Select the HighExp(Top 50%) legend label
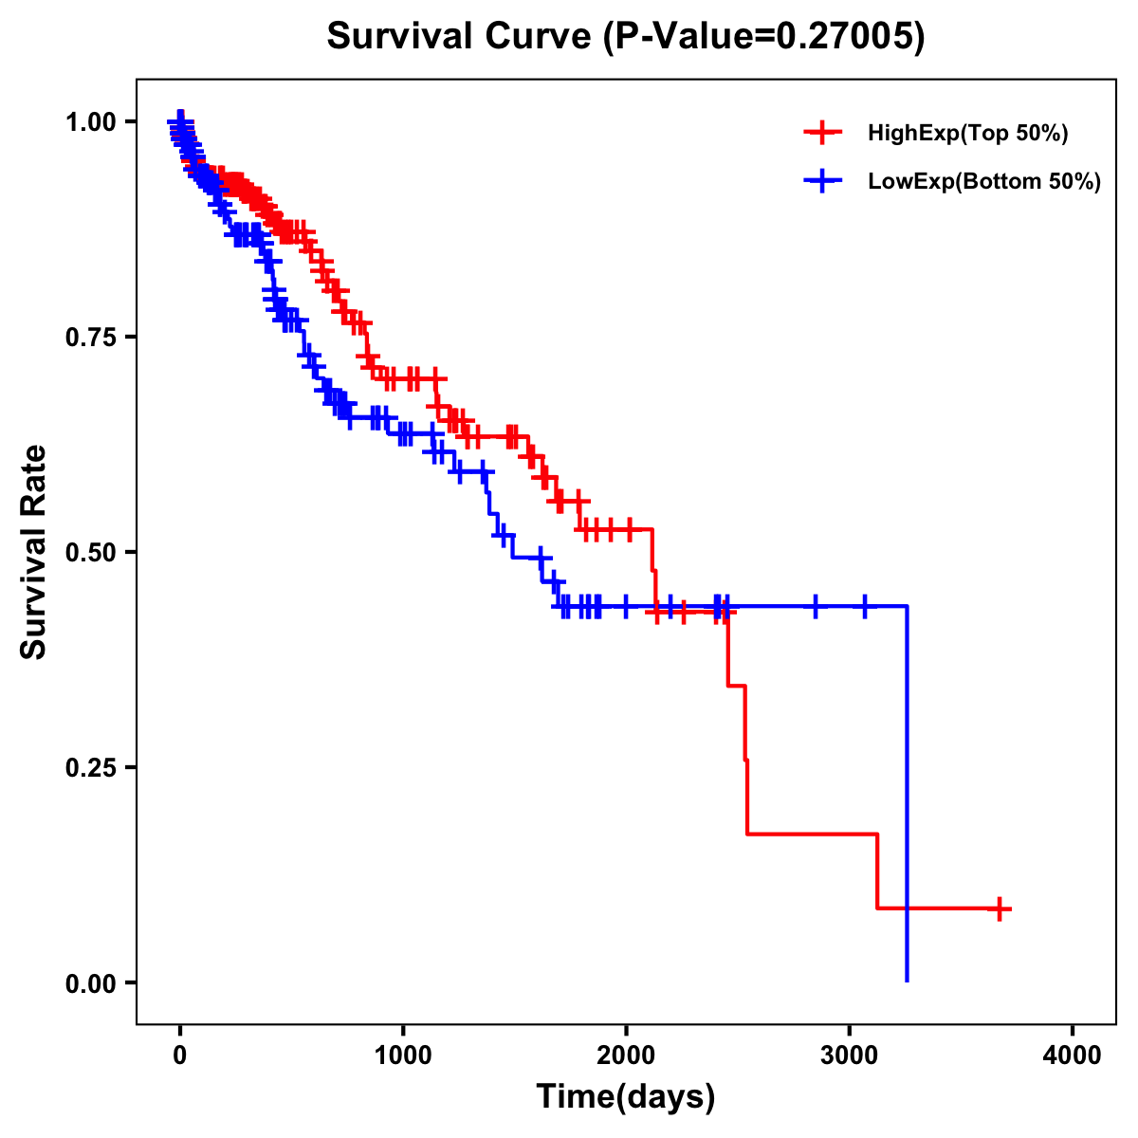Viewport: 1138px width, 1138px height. click(967, 134)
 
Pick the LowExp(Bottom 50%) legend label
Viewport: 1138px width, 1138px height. click(983, 182)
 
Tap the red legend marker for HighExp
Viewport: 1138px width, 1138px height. click(822, 133)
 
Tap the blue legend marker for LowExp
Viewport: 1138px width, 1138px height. click(822, 181)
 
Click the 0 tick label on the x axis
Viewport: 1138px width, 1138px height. click(180, 1055)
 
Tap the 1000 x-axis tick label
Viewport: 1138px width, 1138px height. click(403, 1055)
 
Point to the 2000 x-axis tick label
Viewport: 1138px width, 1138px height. click(626, 1055)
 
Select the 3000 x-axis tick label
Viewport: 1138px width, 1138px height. click(850, 1055)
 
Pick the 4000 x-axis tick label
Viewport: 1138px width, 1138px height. click(1073, 1055)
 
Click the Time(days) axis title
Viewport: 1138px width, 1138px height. click(626, 1097)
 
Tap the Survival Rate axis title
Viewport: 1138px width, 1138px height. click(34, 552)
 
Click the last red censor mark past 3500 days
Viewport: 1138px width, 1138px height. click(998, 909)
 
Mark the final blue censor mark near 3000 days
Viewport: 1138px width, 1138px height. click(864, 606)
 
